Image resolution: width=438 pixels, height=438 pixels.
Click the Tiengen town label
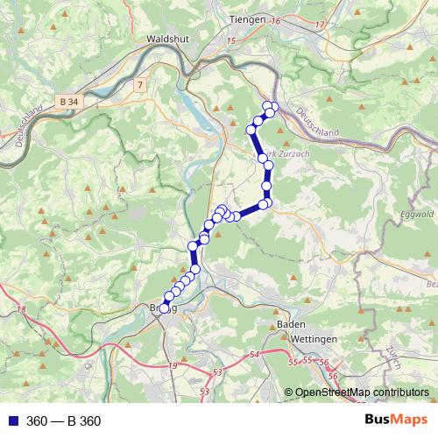(x=246, y=19)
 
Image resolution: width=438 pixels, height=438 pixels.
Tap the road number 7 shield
(x=139, y=84)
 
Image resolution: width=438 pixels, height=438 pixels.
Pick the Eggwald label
(x=416, y=213)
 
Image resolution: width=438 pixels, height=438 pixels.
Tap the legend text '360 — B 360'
(x=64, y=421)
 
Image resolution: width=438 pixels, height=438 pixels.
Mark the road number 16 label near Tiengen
(x=277, y=20)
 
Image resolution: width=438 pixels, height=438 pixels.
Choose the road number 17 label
(x=320, y=24)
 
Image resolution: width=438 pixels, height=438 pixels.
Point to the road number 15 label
(x=231, y=40)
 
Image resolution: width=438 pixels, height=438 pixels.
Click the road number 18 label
(x=21, y=311)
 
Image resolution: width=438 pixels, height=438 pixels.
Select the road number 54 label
(x=255, y=354)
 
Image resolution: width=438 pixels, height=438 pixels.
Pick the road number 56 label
(x=323, y=364)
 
